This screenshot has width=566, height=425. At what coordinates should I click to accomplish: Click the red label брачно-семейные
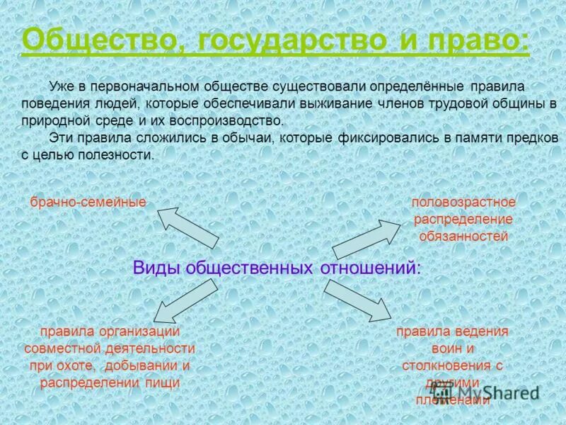(88, 203)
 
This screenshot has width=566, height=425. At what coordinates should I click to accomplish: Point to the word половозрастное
(463, 203)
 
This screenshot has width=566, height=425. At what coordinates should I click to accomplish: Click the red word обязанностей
(463, 236)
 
